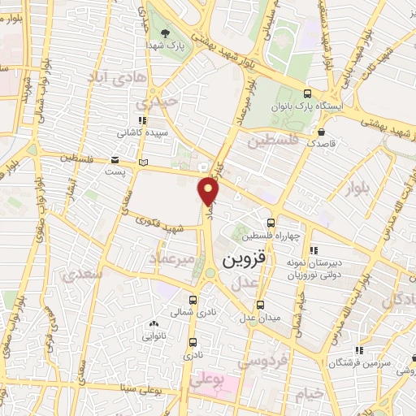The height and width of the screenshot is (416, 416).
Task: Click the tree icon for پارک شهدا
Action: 166,34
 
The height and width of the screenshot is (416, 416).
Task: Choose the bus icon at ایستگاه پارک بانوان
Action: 307,93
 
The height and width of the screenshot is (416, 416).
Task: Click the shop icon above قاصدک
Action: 323,131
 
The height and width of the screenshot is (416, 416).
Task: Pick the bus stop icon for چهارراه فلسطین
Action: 271,223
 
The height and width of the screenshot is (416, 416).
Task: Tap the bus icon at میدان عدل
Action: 260,305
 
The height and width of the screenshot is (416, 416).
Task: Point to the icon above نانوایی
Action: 155,323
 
